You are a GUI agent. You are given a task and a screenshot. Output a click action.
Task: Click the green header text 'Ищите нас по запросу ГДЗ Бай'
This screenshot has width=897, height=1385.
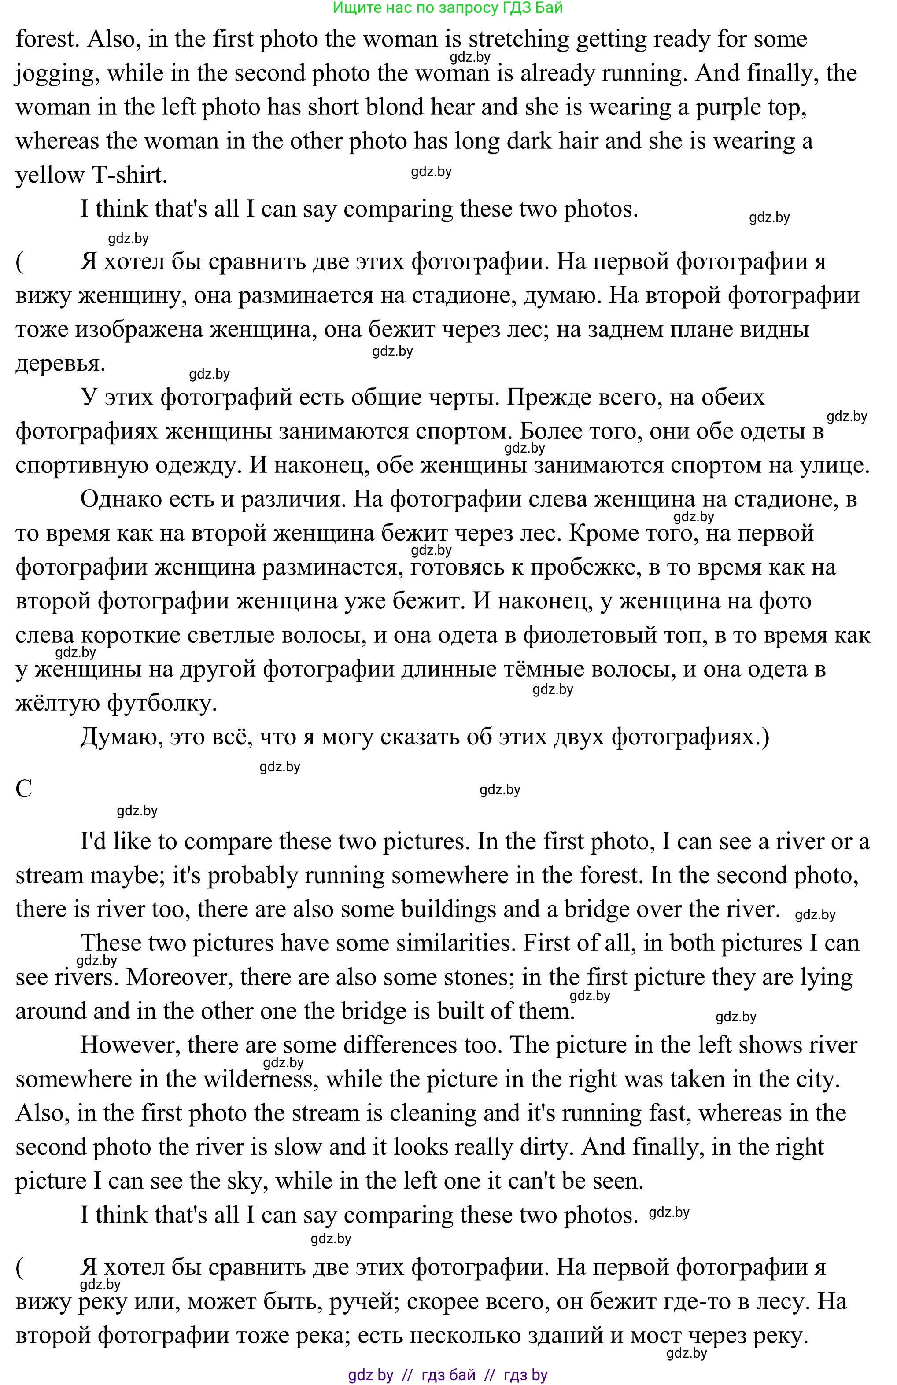click(x=448, y=8)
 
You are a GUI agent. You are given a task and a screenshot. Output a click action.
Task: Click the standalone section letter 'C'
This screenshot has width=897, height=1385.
click(x=24, y=789)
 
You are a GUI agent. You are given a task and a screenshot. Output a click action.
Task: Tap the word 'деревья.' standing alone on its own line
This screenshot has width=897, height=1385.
click(x=60, y=364)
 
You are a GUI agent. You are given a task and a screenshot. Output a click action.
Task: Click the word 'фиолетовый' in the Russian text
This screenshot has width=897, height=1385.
click(x=589, y=635)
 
